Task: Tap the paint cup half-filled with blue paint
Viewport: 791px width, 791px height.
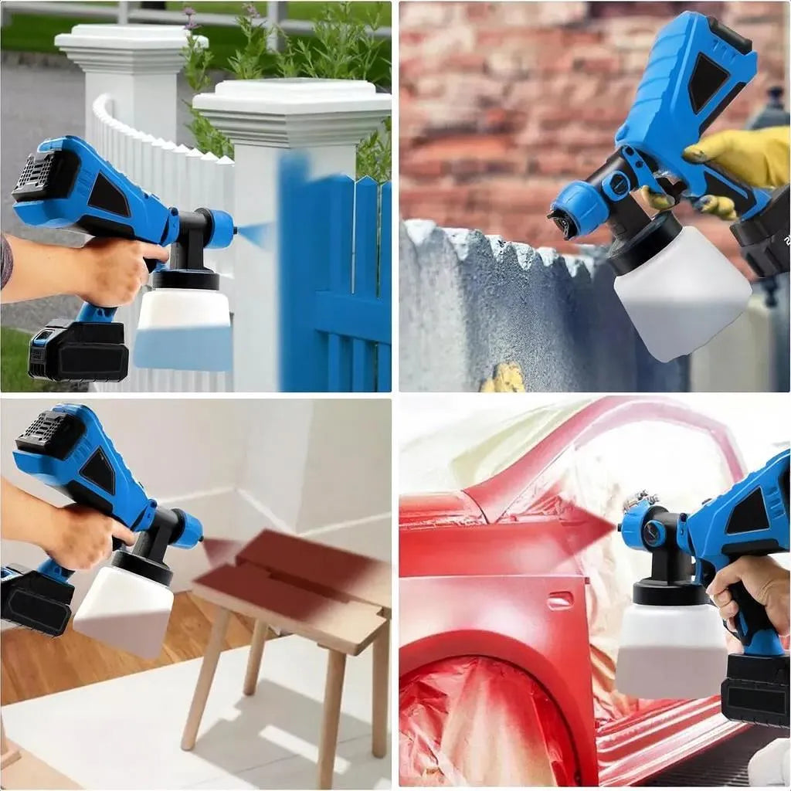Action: click(184, 328)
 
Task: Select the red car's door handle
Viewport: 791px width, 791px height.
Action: click(560, 599)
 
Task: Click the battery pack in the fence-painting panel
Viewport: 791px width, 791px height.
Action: click(78, 351)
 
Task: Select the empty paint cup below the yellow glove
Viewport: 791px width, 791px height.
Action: click(680, 294)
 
